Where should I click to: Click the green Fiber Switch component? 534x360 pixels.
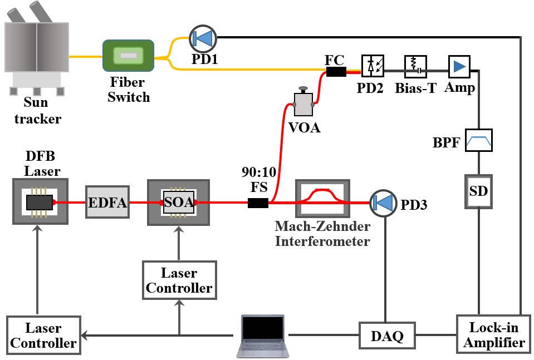point(128,56)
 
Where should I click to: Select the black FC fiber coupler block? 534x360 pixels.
point(336,72)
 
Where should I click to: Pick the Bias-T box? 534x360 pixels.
point(411,66)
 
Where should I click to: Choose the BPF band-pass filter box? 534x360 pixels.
point(479,142)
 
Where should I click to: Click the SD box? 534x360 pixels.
point(479,191)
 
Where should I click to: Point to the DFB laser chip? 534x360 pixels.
point(40,202)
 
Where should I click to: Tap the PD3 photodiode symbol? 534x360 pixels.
point(381,203)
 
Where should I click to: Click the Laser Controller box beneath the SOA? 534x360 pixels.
point(179,280)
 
